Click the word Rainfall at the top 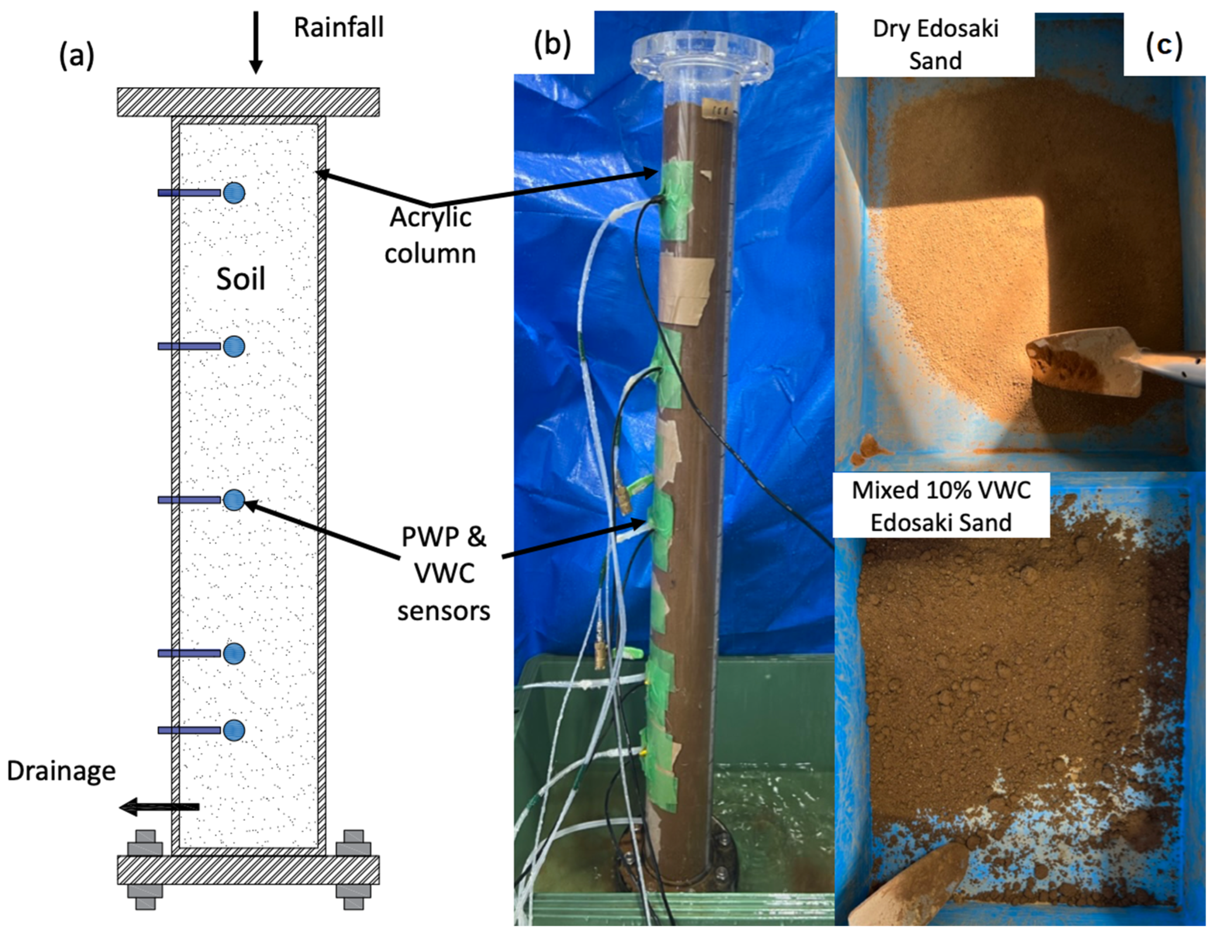[339, 27]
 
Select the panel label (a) [77, 57]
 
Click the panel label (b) [553, 45]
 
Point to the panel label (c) [1164, 45]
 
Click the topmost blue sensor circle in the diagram [234, 193]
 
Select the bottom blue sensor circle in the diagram [234, 730]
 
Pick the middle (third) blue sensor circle [234, 500]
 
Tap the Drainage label [61, 771]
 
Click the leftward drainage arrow [160, 806]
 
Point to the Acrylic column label [430, 235]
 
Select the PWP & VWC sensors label [444, 574]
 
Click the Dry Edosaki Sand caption [936, 45]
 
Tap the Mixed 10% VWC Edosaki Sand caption [941, 506]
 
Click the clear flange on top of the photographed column [702, 54]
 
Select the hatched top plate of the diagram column [248, 102]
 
